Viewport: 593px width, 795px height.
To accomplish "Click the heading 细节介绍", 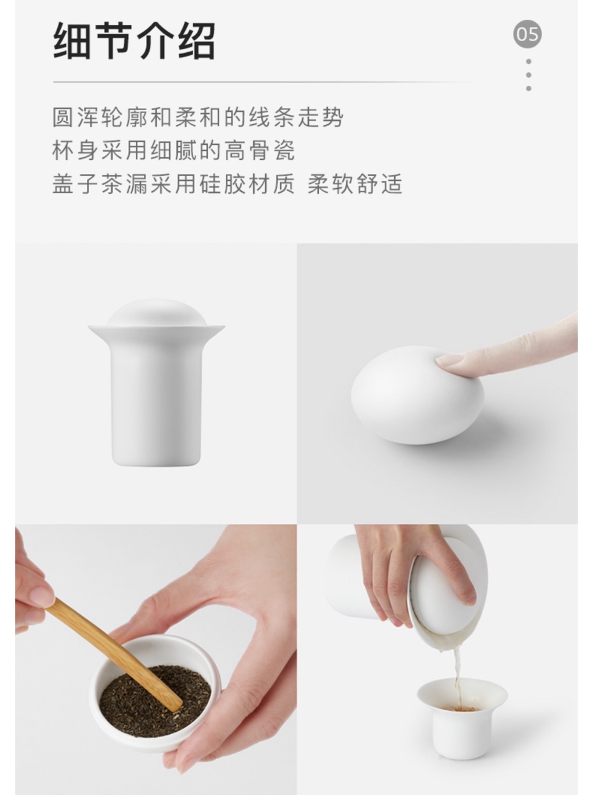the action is tap(134, 40).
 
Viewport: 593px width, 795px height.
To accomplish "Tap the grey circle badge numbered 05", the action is tap(527, 34).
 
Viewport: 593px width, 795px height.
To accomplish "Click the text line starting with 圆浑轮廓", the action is tap(197, 117).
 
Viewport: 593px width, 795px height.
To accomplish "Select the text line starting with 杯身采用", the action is tap(174, 150).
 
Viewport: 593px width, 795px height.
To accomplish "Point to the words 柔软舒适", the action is tap(355, 184).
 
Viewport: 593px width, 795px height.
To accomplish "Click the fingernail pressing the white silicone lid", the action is tap(450, 360).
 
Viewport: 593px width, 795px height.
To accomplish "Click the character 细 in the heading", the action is tap(71, 40).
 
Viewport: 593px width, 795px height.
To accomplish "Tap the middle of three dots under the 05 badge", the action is tap(528, 75).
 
